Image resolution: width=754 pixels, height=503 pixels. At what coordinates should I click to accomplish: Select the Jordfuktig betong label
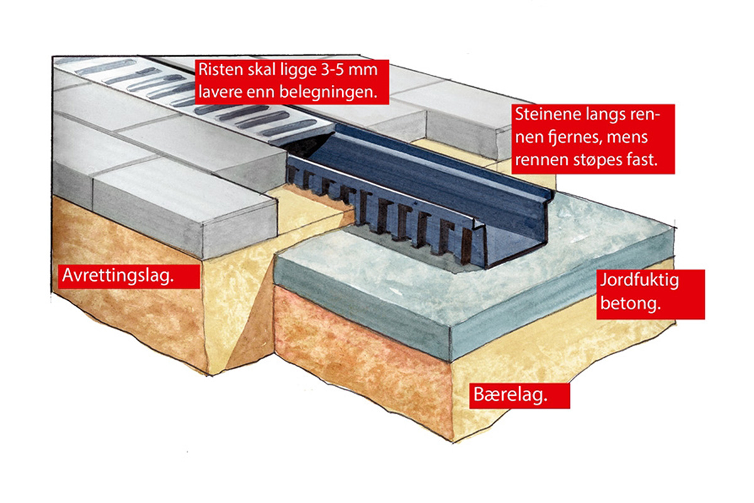coord(650,294)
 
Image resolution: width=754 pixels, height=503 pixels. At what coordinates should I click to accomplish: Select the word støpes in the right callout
coord(603,159)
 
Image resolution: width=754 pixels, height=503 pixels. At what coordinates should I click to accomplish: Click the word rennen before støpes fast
coord(545,159)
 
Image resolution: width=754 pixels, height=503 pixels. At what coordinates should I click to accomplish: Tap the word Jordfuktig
coord(650,281)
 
